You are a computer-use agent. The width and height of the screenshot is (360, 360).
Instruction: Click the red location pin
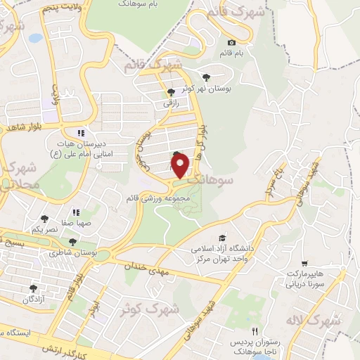181,166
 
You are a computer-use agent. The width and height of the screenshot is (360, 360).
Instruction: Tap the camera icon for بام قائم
231,43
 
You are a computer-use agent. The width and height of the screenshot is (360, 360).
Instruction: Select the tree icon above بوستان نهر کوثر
206,77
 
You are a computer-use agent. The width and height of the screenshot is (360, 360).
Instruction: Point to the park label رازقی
172,103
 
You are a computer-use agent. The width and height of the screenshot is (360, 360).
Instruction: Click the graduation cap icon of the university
222,239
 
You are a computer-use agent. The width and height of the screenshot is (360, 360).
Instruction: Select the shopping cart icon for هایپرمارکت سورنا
304,262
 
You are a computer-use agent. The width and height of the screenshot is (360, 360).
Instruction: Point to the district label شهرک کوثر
147,308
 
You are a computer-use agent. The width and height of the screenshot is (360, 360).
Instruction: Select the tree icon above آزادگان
33,288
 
